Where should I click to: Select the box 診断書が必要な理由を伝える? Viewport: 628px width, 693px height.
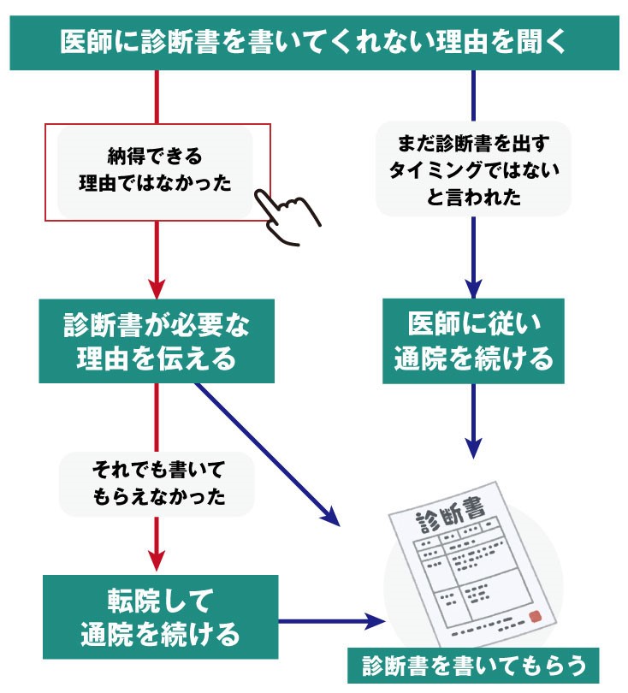tap(157, 341)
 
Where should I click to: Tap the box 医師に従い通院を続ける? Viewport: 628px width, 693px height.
tap(473, 341)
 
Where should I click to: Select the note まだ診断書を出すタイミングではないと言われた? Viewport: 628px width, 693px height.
tap(473, 169)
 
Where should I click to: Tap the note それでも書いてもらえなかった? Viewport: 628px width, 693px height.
tap(157, 484)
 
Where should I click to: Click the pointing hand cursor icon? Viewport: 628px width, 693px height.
tap(287, 214)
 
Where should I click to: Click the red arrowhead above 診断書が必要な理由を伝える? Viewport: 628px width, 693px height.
tap(157, 287)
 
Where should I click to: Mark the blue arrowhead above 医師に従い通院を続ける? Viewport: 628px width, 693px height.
tap(473, 287)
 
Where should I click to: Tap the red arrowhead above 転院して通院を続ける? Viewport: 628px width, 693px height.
tap(157, 560)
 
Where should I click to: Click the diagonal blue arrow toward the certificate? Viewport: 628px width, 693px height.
tap(265, 453)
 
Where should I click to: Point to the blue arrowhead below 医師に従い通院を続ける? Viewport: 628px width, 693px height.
tap(473, 447)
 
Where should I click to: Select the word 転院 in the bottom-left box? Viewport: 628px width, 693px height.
tap(128, 600)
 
